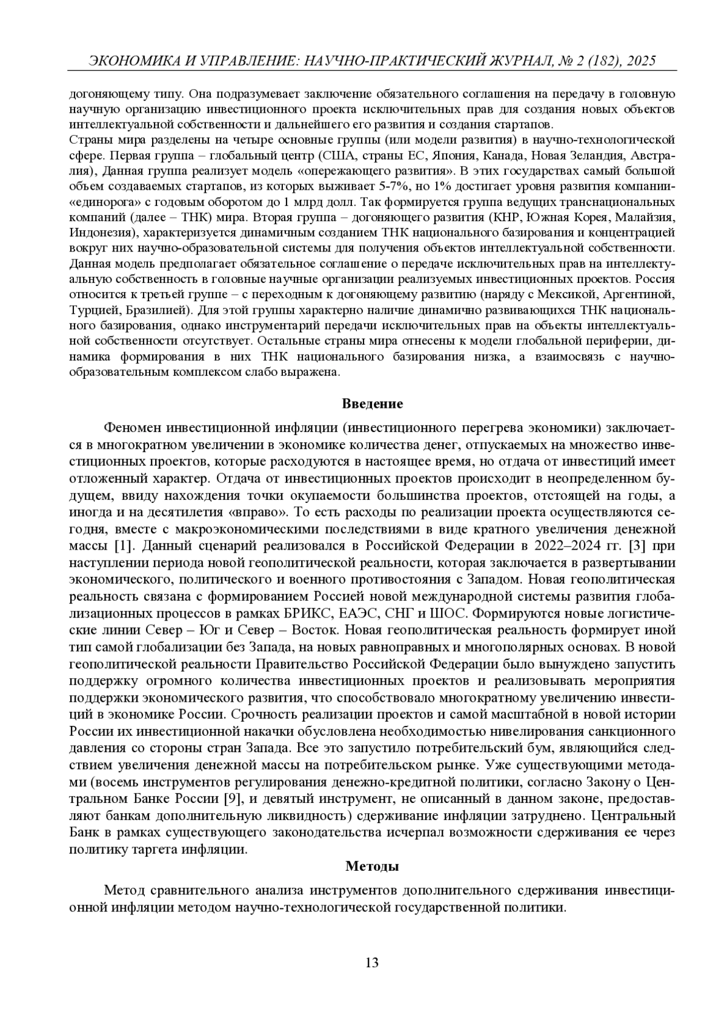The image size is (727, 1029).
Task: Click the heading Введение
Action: coord(372,404)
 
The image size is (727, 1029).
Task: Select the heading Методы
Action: coord(372,866)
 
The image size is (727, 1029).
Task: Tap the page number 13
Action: coord(372,962)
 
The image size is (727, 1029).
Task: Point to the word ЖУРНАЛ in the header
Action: coord(519,61)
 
